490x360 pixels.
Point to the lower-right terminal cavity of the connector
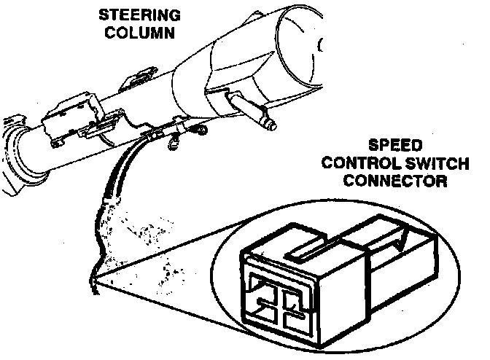[294, 318]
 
